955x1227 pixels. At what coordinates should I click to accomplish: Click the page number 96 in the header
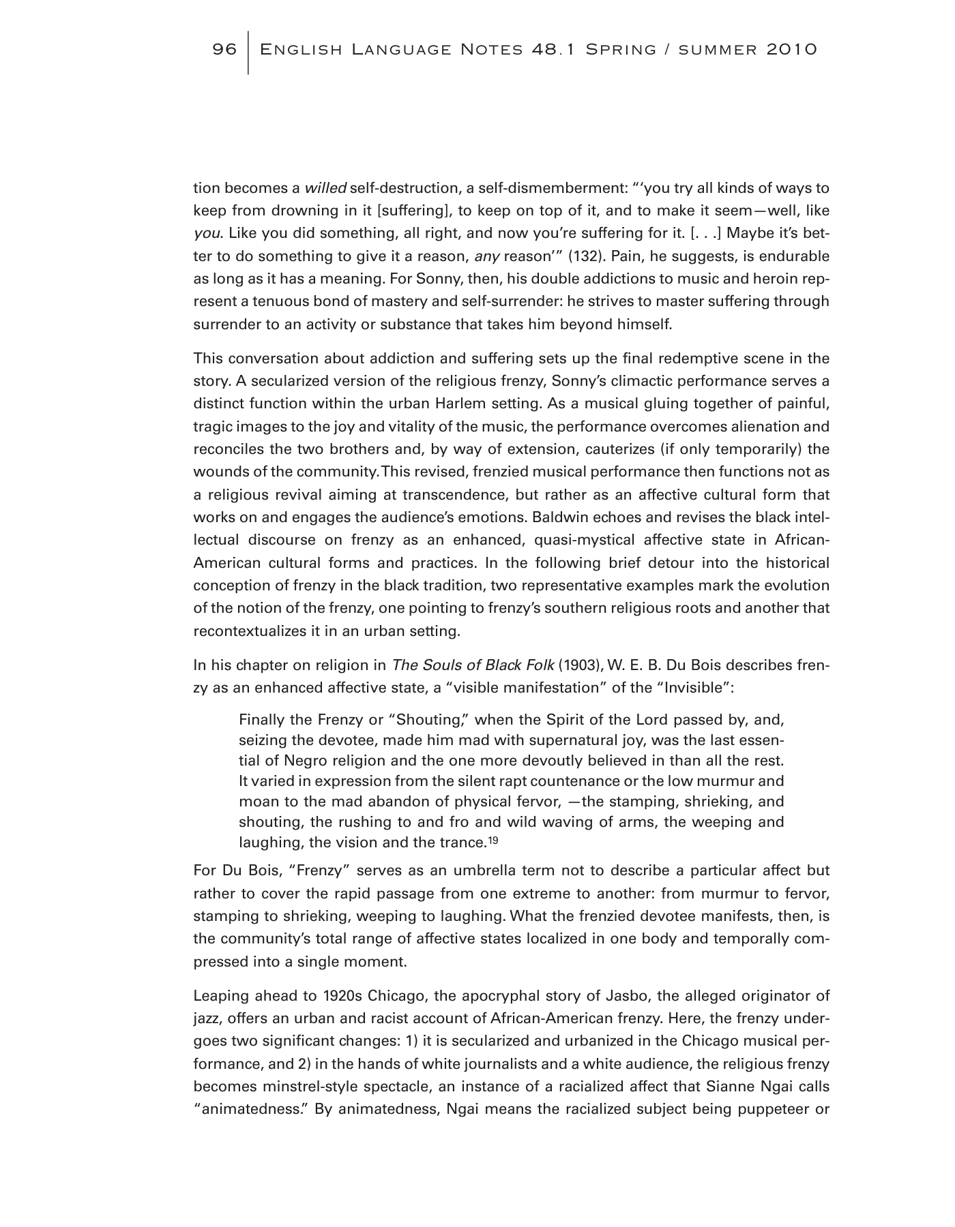pos(224,50)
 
